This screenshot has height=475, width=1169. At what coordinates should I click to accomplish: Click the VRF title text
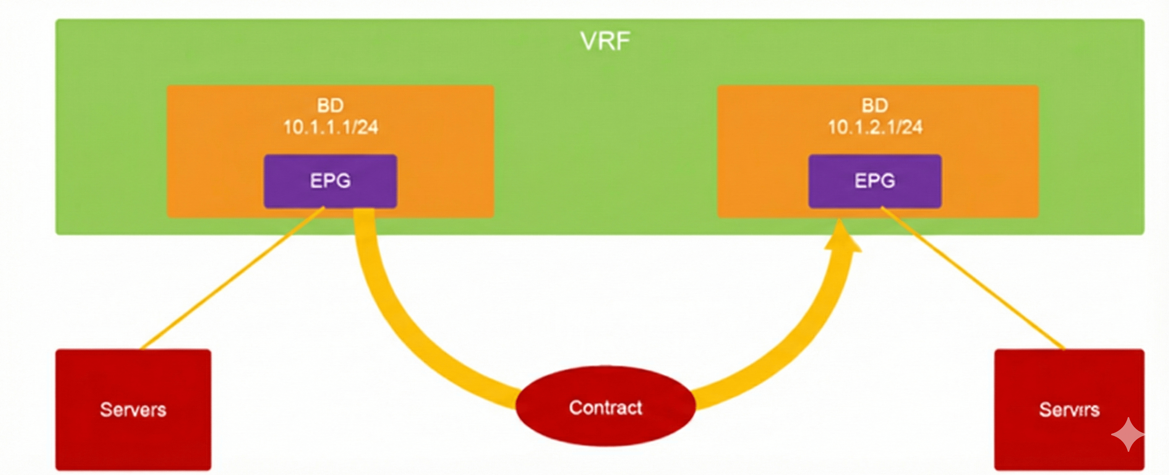[x=605, y=41]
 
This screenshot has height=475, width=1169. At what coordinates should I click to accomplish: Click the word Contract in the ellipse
[x=605, y=407]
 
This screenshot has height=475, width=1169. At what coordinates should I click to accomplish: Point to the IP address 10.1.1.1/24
[x=331, y=127]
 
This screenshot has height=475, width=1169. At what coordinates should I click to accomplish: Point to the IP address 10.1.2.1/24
[x=875, y=127]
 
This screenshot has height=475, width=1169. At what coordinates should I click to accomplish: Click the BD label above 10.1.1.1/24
[x=330, y=105]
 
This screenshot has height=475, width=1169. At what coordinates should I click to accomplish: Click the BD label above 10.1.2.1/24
[x=875, y=105]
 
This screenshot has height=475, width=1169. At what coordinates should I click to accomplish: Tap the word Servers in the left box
[x=133, y=409]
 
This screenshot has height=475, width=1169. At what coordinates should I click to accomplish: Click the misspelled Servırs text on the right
[x=1069, y=409]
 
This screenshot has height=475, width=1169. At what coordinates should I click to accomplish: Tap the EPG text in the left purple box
[x=330, y=181]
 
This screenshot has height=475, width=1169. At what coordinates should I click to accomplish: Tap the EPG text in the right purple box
[x=875, y=181]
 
